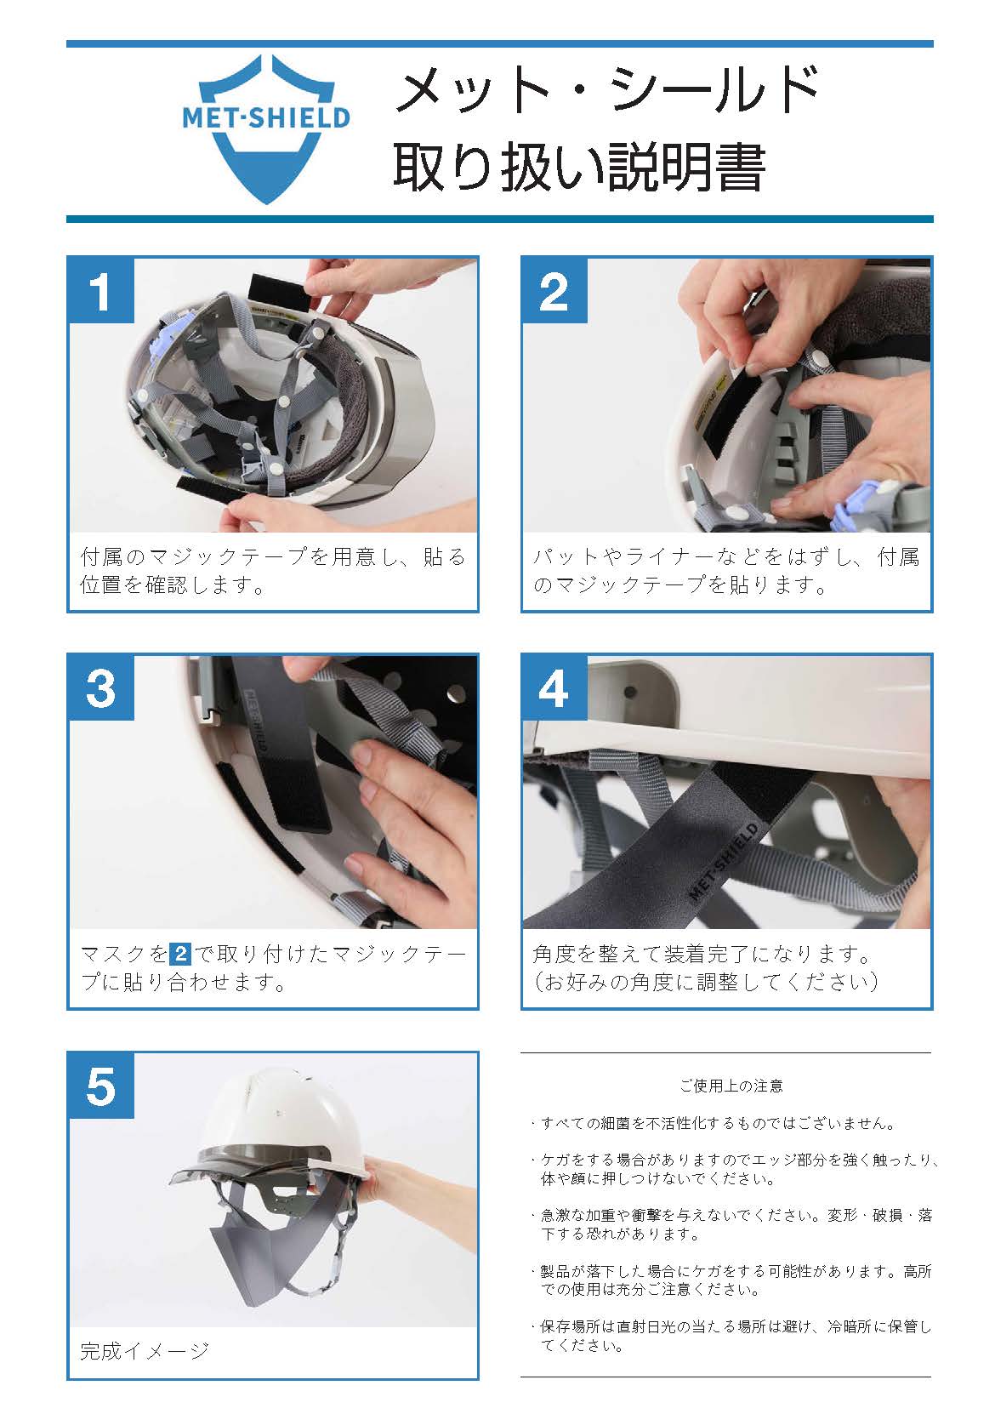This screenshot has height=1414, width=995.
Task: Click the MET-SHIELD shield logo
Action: point(265,129)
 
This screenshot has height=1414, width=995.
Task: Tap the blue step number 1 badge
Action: point(101,291)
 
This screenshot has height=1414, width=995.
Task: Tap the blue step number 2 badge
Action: point(554,291)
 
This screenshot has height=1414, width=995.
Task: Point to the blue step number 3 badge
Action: point(101,688)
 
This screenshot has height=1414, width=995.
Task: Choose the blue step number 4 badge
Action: point(554,688)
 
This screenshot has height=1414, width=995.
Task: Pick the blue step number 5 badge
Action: point(101,1086)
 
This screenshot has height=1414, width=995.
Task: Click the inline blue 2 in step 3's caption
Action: point(180,953)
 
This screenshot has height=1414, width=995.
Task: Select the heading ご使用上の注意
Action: point(731,1086)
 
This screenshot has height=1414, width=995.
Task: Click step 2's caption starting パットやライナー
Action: point(726,571)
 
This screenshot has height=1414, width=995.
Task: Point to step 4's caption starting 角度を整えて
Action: point(705,967)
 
